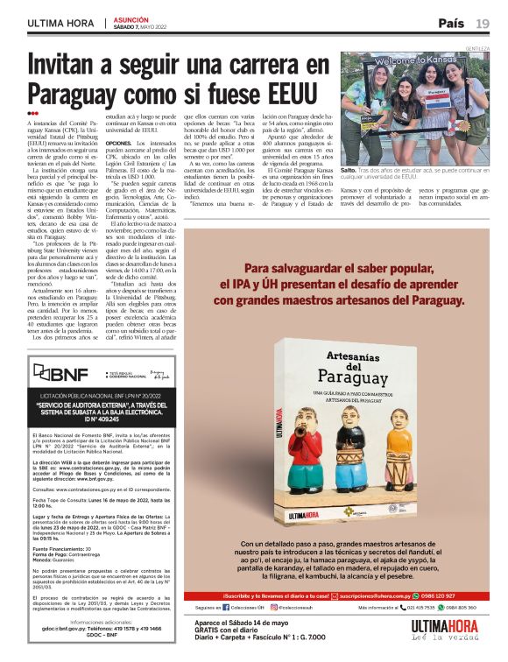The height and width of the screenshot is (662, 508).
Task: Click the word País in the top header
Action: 452,23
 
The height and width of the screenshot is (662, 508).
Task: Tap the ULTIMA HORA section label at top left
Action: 60,24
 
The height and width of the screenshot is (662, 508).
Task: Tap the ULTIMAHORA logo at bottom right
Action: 450,628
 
